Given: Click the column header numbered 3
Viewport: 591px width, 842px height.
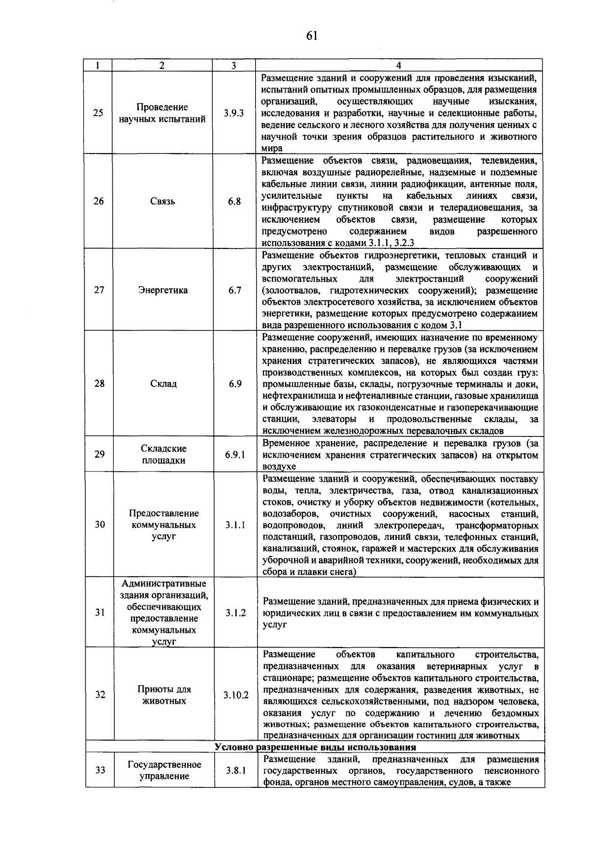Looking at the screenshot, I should click(233, 65).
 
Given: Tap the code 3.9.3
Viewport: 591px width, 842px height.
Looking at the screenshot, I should click(233, 113).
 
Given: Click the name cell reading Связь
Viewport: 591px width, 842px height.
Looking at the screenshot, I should click(163, 201).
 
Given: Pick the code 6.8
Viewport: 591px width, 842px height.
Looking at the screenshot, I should click(234, 201).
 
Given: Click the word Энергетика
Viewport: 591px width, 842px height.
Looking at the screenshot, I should click(163, 290).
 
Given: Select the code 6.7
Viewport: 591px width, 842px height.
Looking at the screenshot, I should click(235, 290).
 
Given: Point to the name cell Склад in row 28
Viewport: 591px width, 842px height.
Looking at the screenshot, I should click(164, 383).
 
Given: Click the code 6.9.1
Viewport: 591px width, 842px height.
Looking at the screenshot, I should click(235, 454).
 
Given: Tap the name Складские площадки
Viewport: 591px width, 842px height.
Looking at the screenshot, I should click(164, 454).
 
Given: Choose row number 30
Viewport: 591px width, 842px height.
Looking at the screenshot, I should click(100, 525).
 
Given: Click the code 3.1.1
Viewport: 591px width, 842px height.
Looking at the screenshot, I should click(235, 525).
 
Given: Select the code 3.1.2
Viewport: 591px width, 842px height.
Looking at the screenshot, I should click(236, 613).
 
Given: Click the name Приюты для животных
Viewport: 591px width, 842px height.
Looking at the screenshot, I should click(164, 695).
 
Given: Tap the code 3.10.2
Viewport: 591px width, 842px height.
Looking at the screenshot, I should click(236, 695).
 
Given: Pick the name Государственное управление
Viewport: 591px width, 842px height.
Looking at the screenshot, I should click(164, 770).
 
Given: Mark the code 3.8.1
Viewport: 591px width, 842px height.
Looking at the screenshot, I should click(236, 770).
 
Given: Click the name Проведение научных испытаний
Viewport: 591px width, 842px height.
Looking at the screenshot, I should click(162, 113).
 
